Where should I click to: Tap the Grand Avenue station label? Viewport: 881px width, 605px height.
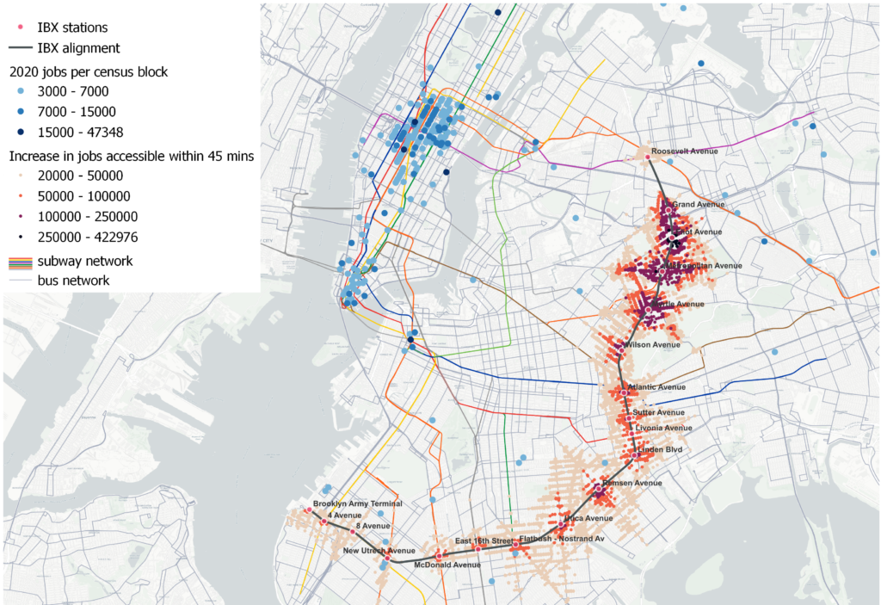point(698,205)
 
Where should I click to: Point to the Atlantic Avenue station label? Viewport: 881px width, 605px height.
point(657,386)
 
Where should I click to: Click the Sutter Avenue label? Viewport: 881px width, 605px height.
point(659,413)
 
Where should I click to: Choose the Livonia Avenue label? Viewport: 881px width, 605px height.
point(664,428)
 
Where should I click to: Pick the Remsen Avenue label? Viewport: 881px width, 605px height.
point(634,483)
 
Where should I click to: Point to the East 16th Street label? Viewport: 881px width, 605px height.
point(484,540)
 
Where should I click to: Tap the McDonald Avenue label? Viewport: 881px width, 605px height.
point(447,565)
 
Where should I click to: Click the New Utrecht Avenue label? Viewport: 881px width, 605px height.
point(379,551)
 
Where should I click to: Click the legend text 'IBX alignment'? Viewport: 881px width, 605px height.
point(78,48)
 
